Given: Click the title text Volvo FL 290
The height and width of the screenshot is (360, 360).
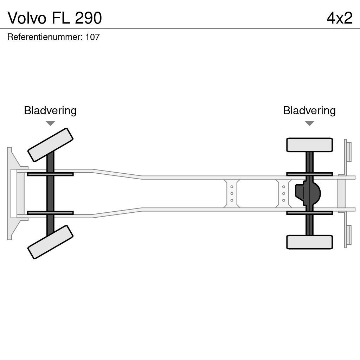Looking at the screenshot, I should [55, 18].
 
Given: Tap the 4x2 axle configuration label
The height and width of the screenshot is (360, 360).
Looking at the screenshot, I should [339, 18].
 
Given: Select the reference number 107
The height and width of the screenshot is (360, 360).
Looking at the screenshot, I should [92, 37].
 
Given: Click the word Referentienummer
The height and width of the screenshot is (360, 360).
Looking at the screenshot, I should [45, 37].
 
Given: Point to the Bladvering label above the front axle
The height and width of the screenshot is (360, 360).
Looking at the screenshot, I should [50, 111].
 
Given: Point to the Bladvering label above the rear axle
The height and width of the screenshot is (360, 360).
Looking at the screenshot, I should [309, 111].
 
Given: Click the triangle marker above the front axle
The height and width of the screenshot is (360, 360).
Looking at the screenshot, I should [50, 123].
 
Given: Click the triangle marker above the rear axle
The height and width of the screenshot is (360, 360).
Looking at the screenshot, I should [309, 123].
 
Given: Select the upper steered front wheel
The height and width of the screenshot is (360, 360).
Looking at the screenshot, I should [50, 145].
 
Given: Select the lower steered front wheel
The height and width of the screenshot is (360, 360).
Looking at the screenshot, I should [50, 242].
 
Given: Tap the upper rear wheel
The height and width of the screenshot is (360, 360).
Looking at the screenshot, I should [309, 145].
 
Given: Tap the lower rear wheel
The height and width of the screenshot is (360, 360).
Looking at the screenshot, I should [309, 242].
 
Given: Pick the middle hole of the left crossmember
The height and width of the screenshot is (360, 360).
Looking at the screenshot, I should [232, 193].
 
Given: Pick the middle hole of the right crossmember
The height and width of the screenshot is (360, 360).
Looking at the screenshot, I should [283, 193].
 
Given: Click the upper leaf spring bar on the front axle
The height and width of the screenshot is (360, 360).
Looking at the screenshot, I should [50, 174].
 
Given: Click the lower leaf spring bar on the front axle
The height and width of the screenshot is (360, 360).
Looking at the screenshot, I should [50, 213].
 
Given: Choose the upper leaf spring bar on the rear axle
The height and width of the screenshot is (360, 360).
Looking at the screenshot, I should [309, 174].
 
